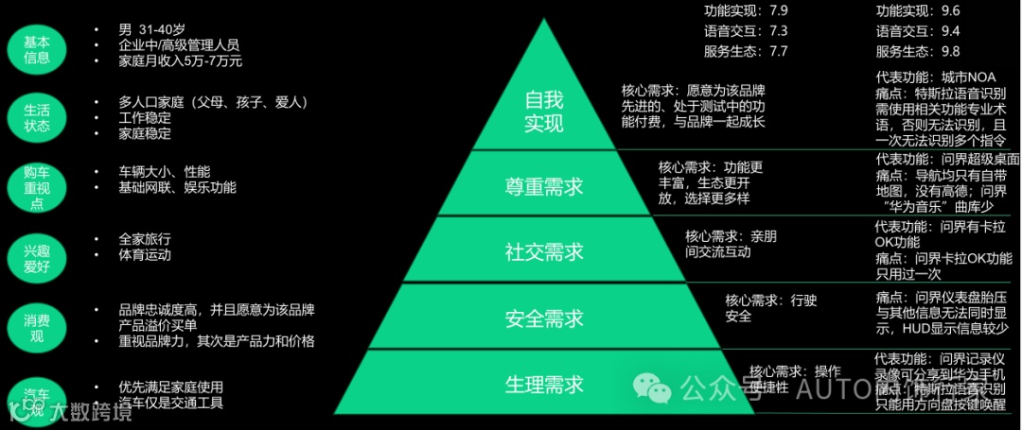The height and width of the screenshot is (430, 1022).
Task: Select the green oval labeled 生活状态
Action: [x=37, y=118]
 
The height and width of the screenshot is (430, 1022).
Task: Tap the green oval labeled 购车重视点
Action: [x=37, y=187]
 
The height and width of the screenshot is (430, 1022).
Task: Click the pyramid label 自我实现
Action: [x=543, y=112]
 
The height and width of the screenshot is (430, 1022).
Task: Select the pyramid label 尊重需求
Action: [x=543, y=187]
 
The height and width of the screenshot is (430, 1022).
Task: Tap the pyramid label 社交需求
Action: [x=543, y=252]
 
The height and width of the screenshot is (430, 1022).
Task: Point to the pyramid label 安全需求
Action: [x=543, y=318]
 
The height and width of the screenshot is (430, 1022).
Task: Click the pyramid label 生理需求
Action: [x=543, y=385]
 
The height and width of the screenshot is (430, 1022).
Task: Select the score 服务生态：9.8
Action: [x=918, y=51]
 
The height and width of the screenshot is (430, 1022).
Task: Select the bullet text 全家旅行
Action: [x=145, y=239]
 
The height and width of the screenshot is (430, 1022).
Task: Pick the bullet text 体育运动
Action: [x=145, y=255]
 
